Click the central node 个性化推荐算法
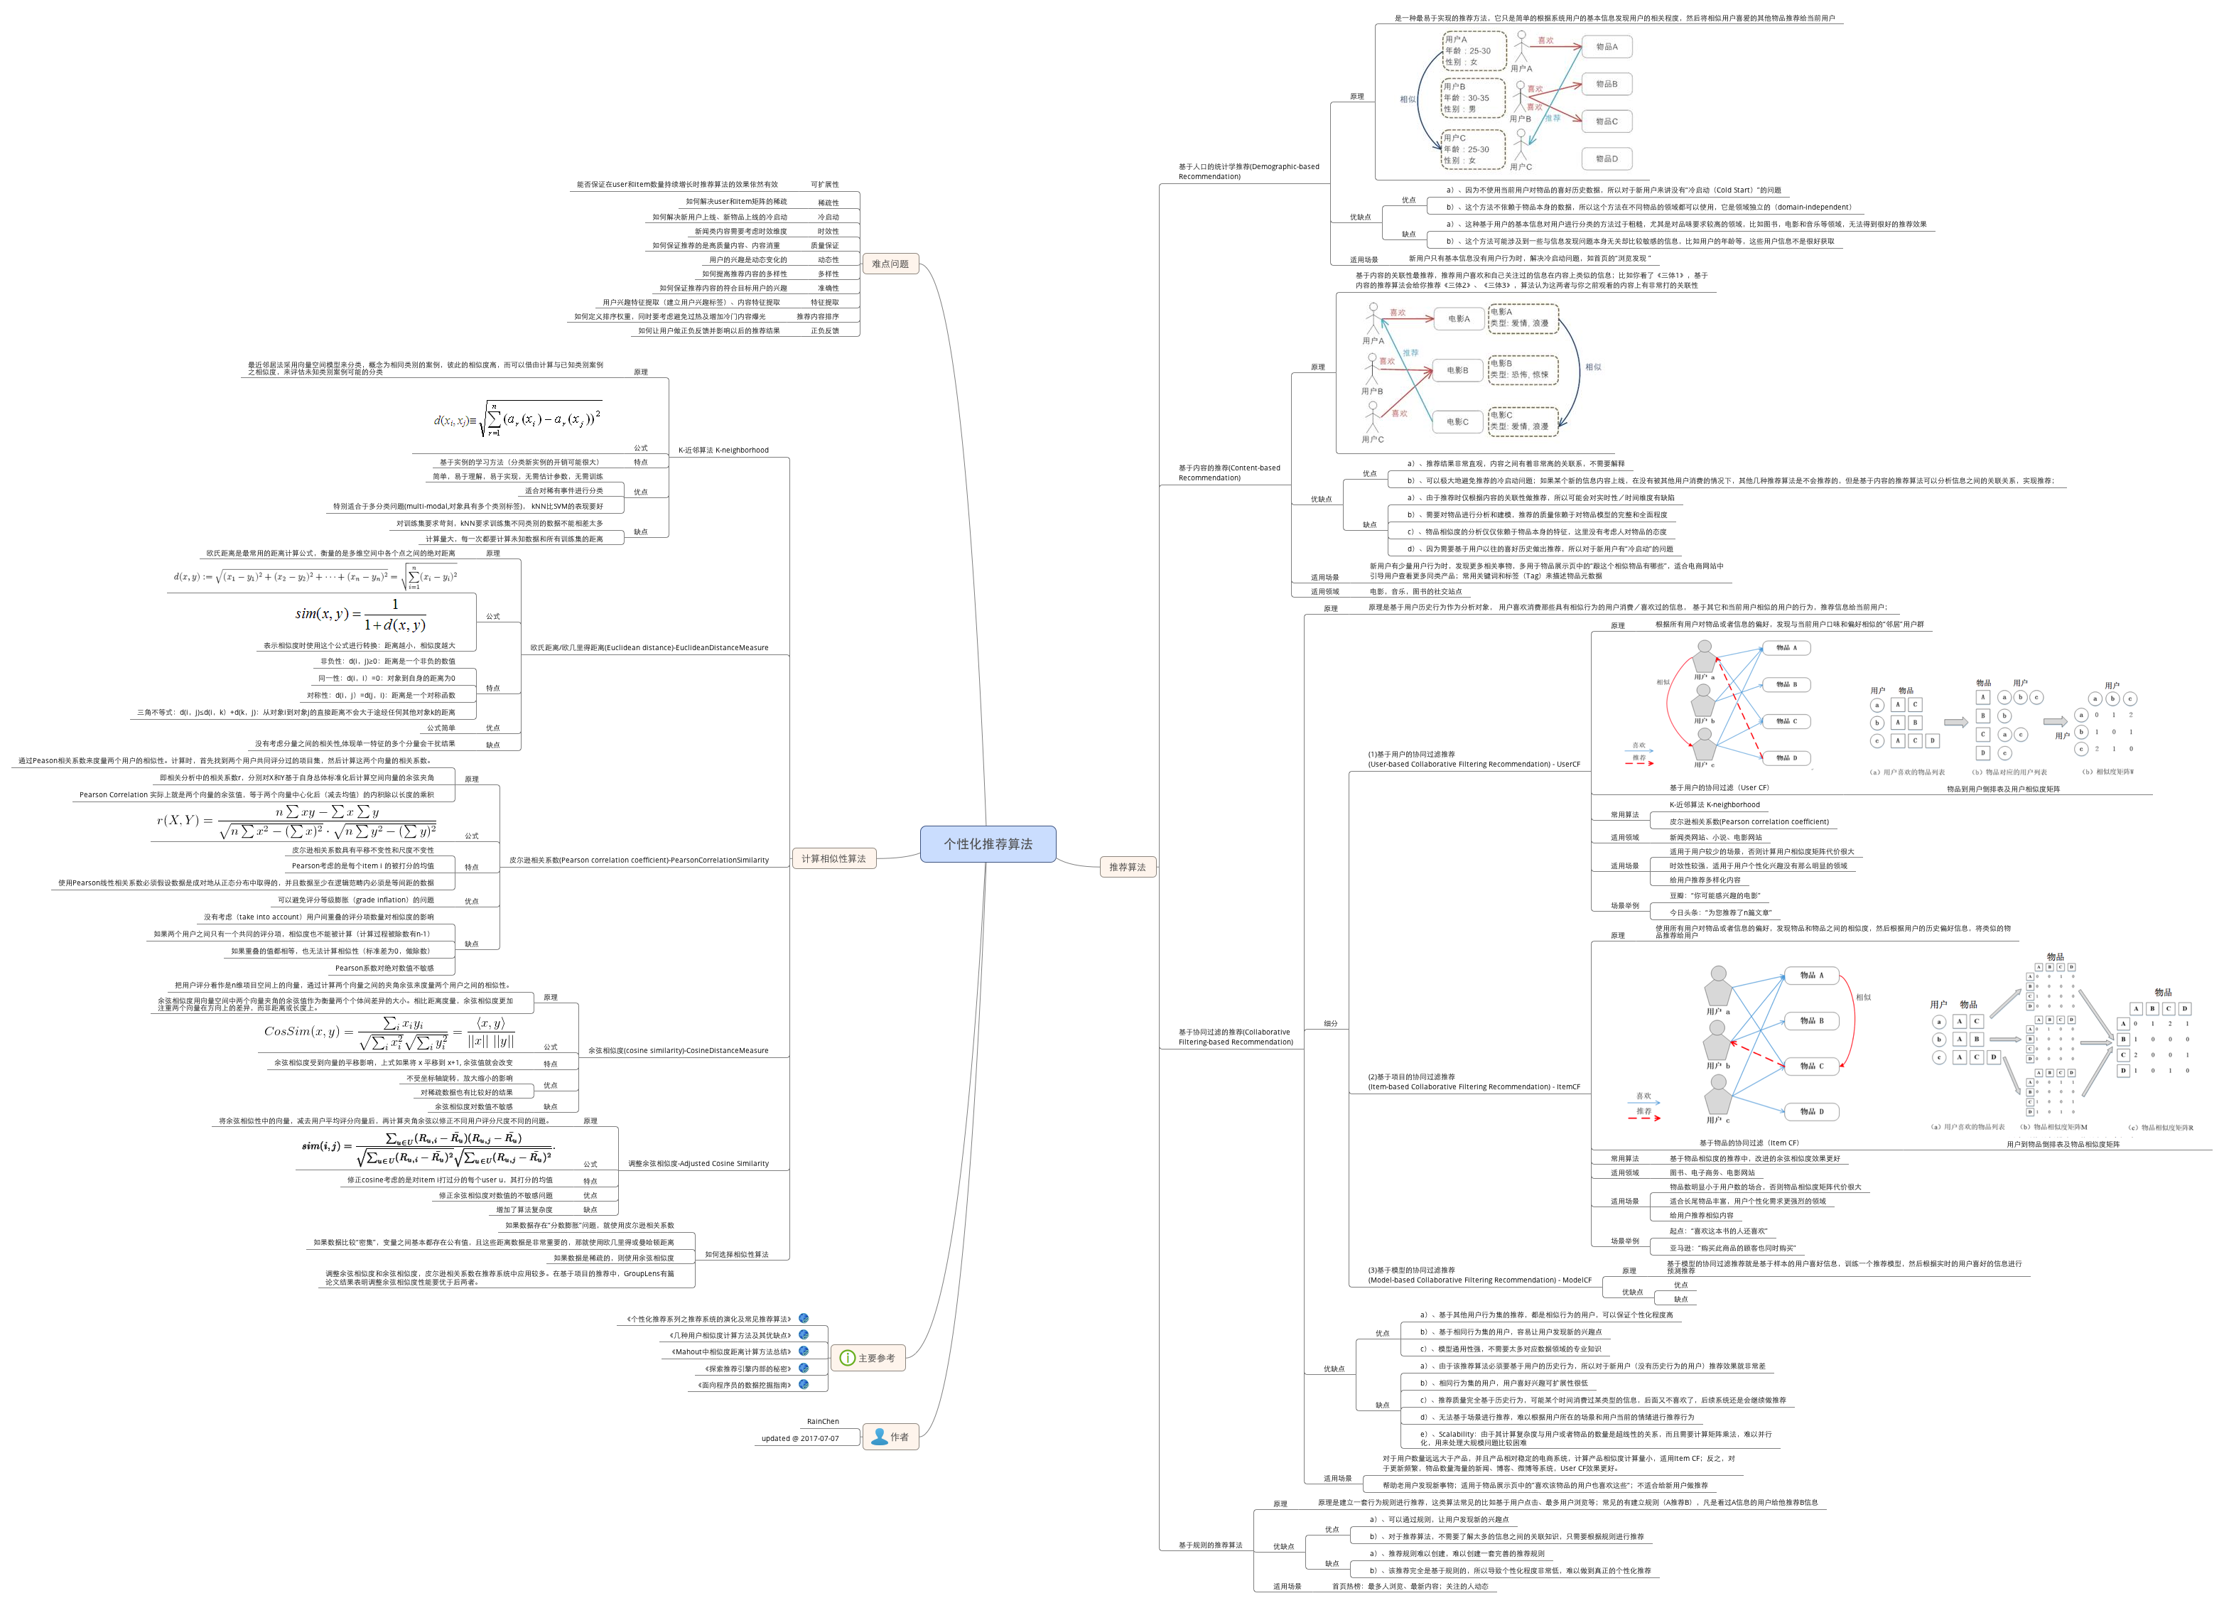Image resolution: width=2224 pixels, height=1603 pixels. click(x=988, y=844)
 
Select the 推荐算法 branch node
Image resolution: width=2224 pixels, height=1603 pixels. click(x=1127, y=867)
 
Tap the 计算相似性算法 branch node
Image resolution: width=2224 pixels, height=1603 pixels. click(x=833, y=859)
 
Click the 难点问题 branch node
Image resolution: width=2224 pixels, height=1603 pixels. click(x=890, y=264)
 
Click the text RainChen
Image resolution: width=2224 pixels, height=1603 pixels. click(x=823, y=1422)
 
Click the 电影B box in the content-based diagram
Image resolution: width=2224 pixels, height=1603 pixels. click(x=1457, y=371)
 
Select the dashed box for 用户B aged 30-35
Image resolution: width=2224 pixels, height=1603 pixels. click(x=1472, y=98)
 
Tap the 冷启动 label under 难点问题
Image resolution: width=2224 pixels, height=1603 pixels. click(x=828, y=217)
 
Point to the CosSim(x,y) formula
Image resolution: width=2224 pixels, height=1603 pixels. click(x=389, y=1032)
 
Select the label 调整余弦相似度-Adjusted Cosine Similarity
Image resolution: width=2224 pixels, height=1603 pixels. click(x=698, y=1164)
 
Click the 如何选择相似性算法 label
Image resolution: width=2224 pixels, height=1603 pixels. click(x=736, y=1255)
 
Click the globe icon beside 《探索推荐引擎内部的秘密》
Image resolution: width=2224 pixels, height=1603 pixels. click(x=803, y=1369)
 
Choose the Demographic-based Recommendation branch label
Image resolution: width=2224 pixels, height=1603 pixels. click(x=1248, y=171)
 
